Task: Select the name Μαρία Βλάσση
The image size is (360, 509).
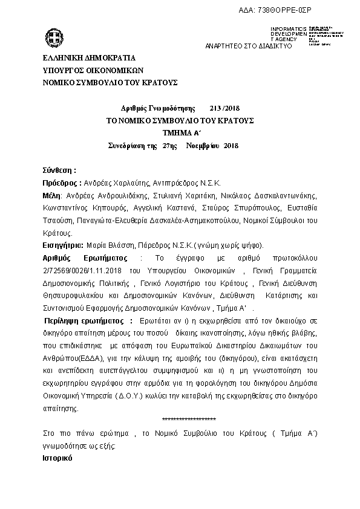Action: [111, 245]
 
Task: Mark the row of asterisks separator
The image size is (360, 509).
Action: [189, 420]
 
